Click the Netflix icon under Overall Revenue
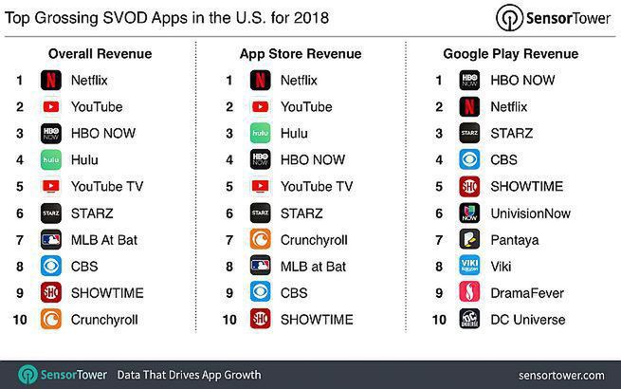pyautogui.click(x=52, y=81)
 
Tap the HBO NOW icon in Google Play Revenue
pyautogui.click(x=469, y=81)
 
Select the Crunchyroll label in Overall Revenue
pyautogui.click(x=103, y=320)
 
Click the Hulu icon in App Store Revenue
pyautogui.click(x=261, y=134)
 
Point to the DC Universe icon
pyautogui.click(x=469, y=320)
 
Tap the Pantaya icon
pyautogui.click(x=469, y=240)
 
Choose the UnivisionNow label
pyautogui.click(x=531, y=213)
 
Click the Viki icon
pyautogui.click(x=469, y=267)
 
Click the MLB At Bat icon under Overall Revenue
pyautogui.click(x=52, y=240)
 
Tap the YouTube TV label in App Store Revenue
pyautogui.click(x=316, y=187)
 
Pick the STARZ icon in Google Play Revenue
pyautogui.click(x=469, y=134)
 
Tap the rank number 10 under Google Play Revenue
pyautogui.click(x=438, y=320)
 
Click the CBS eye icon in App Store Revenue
pyautogui.click(x=261, y=293)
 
